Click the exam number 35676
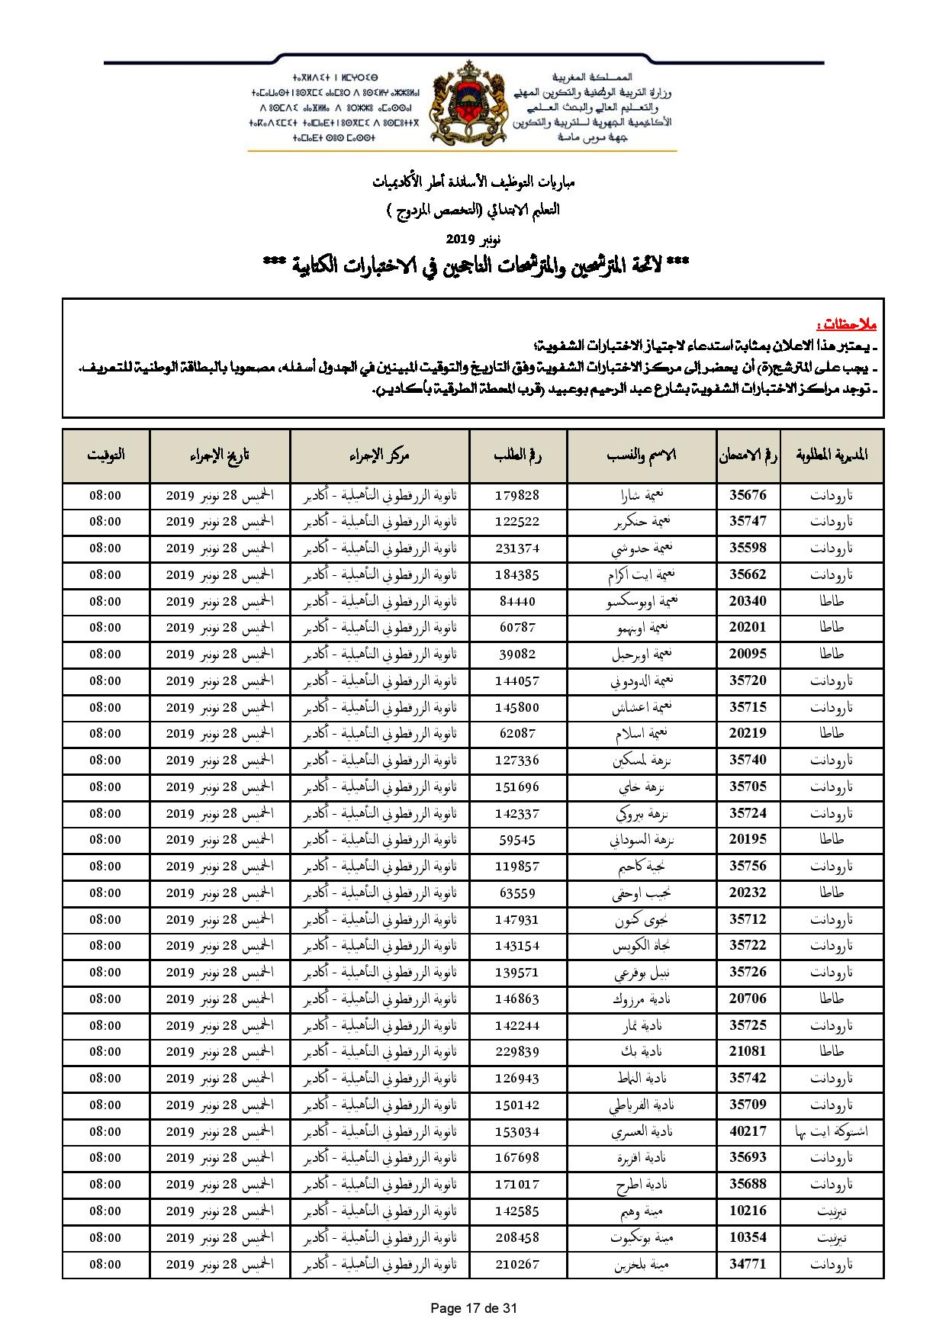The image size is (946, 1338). (748, 495)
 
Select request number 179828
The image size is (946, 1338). (517, 495)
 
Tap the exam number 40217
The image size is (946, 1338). (748, 1131)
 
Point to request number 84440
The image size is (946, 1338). (517, 601)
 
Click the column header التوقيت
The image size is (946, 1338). (106, 455)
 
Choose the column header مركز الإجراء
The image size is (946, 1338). (379, 455)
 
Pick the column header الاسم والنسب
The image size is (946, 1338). (642, 455)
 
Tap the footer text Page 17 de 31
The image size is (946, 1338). (474, 1308)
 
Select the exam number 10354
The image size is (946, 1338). (748, 1237)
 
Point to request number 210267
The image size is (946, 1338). (517, 1264)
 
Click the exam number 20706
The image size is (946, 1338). (748, 999)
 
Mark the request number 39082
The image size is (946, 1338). (517, 654)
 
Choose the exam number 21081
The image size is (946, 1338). (748, 1051)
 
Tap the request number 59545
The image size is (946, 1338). (517, 839)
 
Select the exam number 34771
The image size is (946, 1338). (748, 1264)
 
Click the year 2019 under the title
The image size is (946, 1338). (461, 240)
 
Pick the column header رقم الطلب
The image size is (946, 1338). (518, 455)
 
